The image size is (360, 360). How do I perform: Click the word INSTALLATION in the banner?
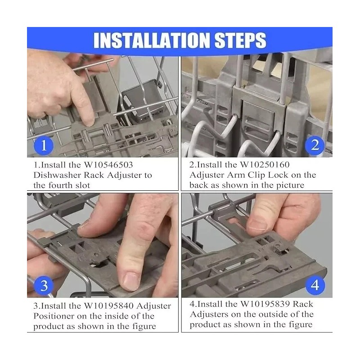152,40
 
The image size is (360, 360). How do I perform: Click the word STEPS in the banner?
240,40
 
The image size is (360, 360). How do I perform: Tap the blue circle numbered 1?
44,145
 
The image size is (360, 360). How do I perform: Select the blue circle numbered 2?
315,145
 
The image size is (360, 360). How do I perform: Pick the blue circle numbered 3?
44,286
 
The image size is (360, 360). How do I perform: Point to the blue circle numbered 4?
315,285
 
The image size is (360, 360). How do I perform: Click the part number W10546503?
108,165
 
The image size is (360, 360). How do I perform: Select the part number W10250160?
265,165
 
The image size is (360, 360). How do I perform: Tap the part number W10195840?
108,306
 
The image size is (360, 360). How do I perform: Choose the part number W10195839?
265,304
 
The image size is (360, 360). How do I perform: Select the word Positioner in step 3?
54,316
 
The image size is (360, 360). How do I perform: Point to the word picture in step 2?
290,185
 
